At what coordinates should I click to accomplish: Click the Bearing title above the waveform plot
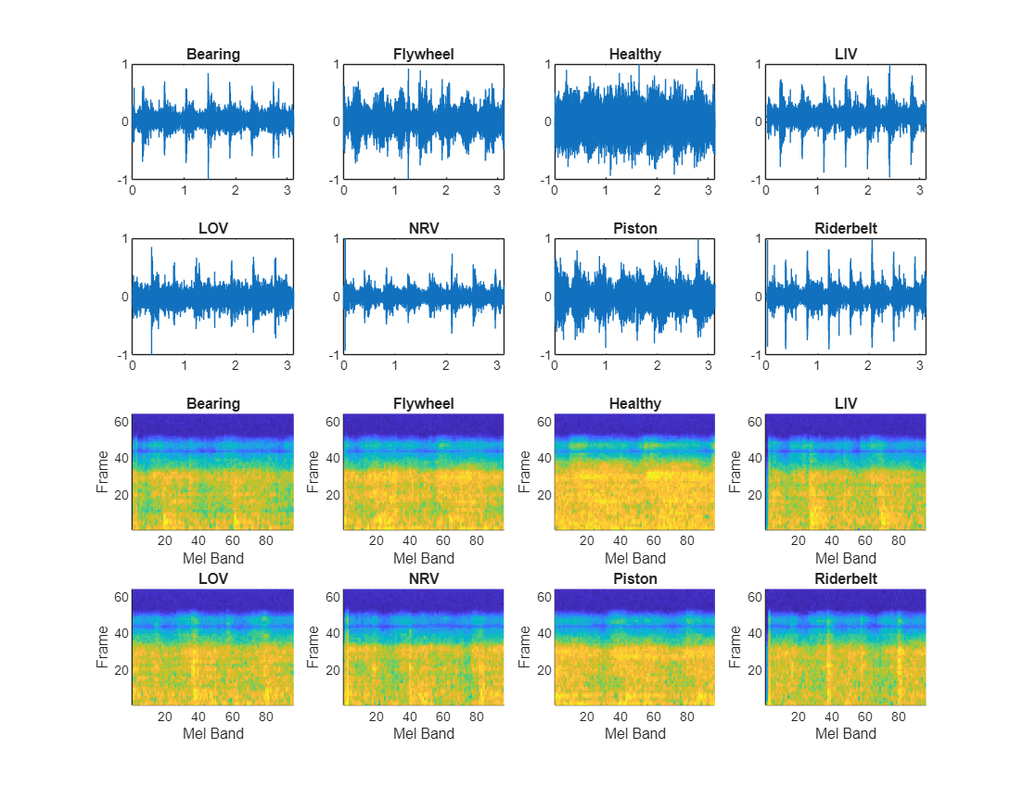pyautogui.click(x=212, y=55)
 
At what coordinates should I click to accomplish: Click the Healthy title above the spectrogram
pyautogui.click(x=634, y=404)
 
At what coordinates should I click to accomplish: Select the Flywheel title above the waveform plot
pyautogui.click(x=424, y=55)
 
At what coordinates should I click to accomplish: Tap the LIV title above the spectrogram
pyautogui.click(x=846, y=404)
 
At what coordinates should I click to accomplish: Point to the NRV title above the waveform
pyautogui.click(x=424, y=229)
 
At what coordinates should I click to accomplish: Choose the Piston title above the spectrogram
pyautogui.click(x=634, y=579)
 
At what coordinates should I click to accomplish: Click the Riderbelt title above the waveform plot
pyautogui.click(x=846, y=229)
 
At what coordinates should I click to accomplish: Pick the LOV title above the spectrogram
pyautogui.click(x=212, y=579)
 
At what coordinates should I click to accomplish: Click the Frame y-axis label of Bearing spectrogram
pyautogui.click(x=102, y=472)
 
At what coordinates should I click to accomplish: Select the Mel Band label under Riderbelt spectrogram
pyautogui.click(x=846, y=733)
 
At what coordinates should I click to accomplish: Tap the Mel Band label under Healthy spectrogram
pyautogui.click(x=634, y=558)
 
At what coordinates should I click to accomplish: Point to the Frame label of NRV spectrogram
pyautogui.click(x=313, y=647)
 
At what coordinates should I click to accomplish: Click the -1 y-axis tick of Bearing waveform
pyautogui.click(x=121, y=180)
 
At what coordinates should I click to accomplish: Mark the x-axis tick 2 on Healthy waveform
pyautogui.click(x=658, y=190)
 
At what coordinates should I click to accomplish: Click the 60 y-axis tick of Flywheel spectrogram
pyautogui.click(x=331, y=422)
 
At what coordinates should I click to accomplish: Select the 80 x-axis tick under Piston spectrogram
pyautogui.click(x=687, y=717)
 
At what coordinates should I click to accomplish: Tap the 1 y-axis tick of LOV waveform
pyautogui.click(x=124, y=239)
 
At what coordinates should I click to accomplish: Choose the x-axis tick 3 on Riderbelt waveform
pyautogui.click(x=919, y=365)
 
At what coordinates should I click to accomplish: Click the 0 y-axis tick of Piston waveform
pyautogui.click(x=547, y=297)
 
